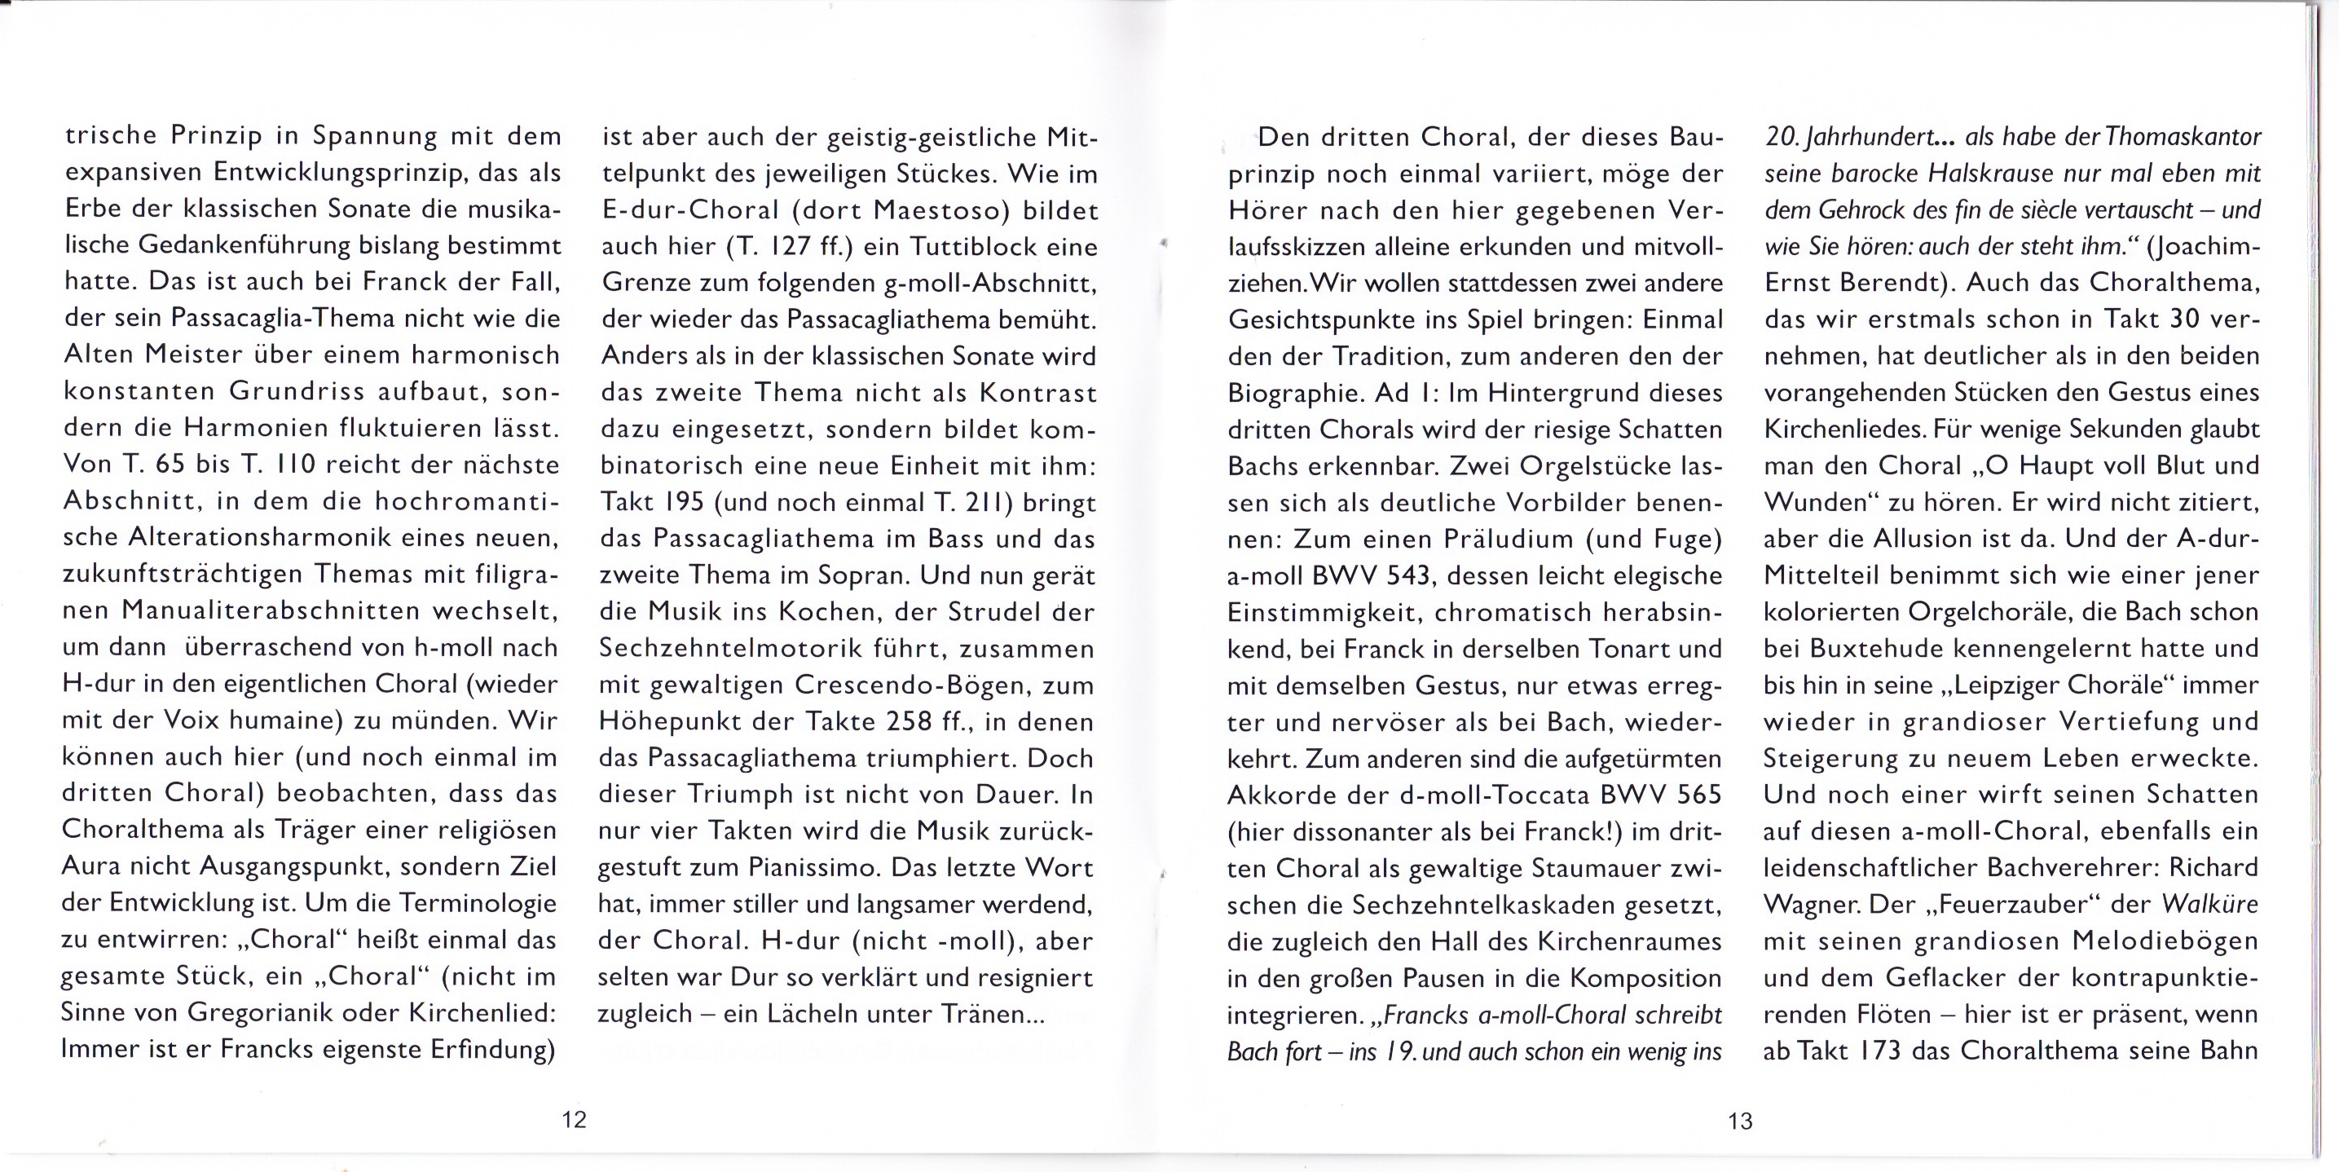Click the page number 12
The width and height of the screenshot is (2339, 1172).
pos(574,1119)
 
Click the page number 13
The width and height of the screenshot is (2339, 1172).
pos(1740,1121)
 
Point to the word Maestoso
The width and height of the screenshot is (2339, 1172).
pos(941,210)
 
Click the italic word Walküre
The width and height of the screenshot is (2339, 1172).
pos(2209,904)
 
